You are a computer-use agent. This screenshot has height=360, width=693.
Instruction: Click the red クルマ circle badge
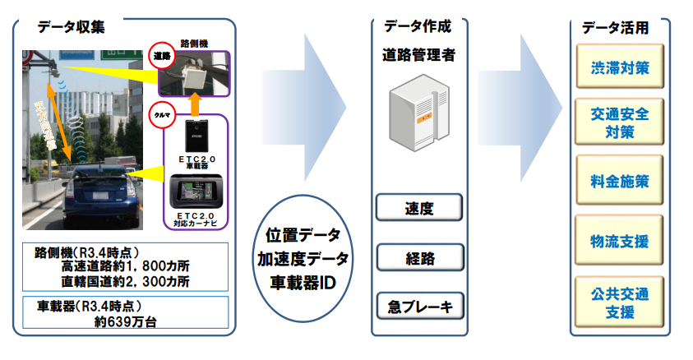160,116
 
